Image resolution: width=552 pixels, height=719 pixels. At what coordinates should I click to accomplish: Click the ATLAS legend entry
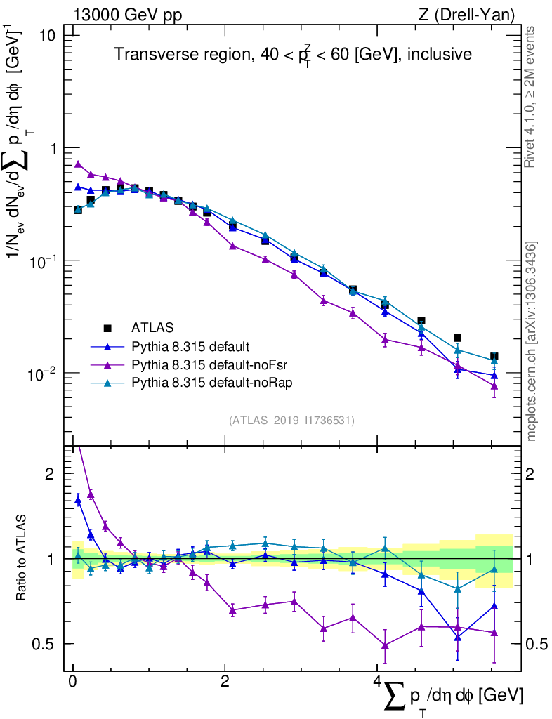point(151,327)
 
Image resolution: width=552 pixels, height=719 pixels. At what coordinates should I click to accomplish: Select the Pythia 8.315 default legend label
point(191,346)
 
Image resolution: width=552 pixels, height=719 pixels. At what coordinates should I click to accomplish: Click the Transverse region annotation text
point(294,55)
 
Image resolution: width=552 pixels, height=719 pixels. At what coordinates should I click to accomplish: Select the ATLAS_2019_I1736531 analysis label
point(291,421)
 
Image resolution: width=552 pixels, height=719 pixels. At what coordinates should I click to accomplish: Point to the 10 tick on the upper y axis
point(54,36)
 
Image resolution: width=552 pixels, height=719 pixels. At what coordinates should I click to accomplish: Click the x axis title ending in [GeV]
point(454,698)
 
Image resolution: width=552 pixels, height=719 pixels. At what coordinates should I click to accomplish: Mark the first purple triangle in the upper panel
point(78,164)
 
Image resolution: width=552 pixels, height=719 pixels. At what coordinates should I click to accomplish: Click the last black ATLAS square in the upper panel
point(494,357)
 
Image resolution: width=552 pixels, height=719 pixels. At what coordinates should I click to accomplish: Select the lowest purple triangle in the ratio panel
point(385,645)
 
